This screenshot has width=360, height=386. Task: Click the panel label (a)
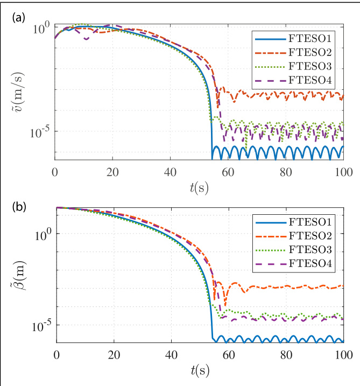pyautogui.click(x=19, y=18)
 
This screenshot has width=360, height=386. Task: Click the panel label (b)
pyautogui.click(x=19, y=207)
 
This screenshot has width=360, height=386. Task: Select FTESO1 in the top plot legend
pyautogui.click(x=310, y=39)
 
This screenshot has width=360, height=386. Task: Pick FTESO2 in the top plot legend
pyautogui.click(x=310, y=52)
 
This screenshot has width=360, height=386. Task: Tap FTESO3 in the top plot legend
pyautogui.click(x=310, y=66)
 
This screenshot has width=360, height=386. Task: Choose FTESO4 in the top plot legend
pyautogui.click(x=310, y=80)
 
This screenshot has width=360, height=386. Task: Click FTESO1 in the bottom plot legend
pyautogui.click(x=310, y=222)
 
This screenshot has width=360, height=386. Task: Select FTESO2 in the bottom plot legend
pyautogui.click(x=310, y=236)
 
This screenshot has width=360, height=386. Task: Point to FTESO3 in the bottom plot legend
pyautogui.click(x=310, y=250)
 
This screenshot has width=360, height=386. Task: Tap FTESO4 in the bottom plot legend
pyautogui.click(x=310, y=263)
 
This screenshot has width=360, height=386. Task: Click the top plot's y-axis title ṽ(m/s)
pyautogui.click(x=18, y=92)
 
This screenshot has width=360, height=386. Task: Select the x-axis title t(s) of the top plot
pyautogui.click(x=199, y=188)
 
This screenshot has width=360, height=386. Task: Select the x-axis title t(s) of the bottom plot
pyautogui.click(x=200, y=371)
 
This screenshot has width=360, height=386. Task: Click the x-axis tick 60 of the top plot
pyautogui.click(x=228, y=172)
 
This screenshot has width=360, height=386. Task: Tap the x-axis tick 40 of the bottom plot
pyautogui.click(x=171, y=355)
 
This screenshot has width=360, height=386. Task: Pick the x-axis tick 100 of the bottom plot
pyautogui.click(x=344, y=355)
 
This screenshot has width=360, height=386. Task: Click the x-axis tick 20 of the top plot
pyautogui.click(x=112, y=172)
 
